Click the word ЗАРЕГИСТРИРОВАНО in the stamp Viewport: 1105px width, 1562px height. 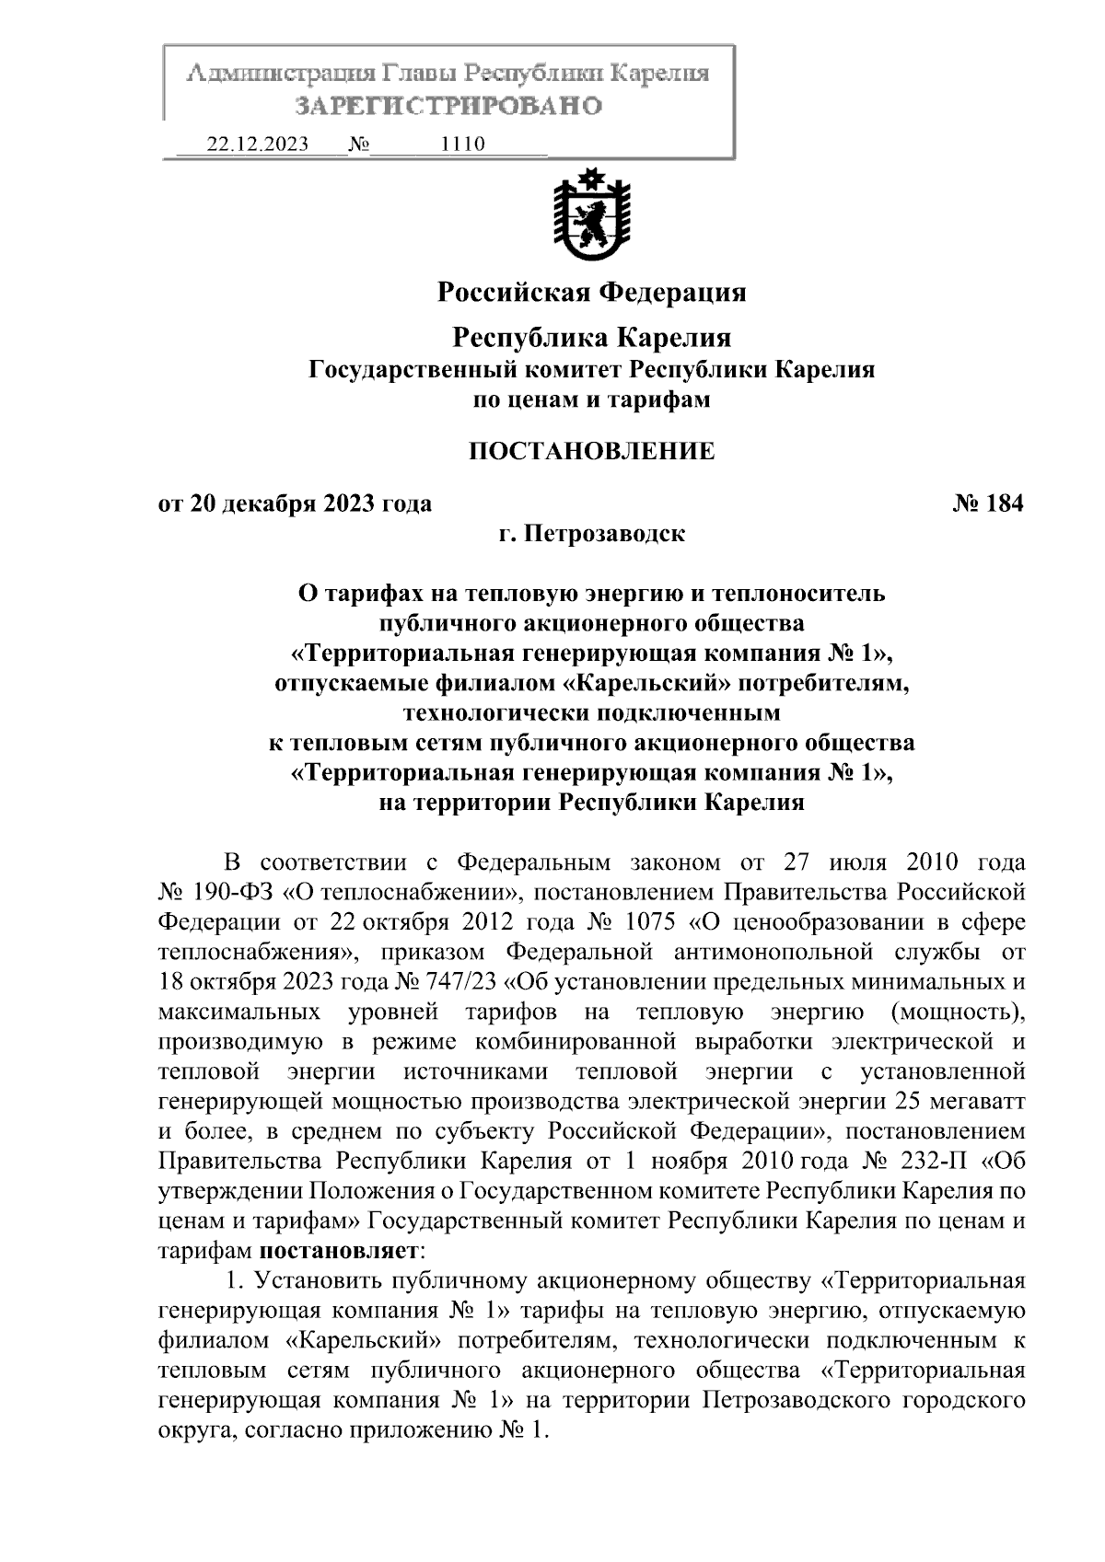coord(448,106)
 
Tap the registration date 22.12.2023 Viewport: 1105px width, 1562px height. coord(258,145)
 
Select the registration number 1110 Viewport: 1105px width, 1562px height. coord(462,145)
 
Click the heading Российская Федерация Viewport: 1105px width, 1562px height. coord(591,293)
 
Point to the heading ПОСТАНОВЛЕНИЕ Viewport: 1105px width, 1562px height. coord(591,451)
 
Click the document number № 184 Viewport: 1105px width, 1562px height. coord(988,503)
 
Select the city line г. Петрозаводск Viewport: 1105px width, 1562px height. coord(591,533)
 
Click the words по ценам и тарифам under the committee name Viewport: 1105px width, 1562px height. coord(591,400)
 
